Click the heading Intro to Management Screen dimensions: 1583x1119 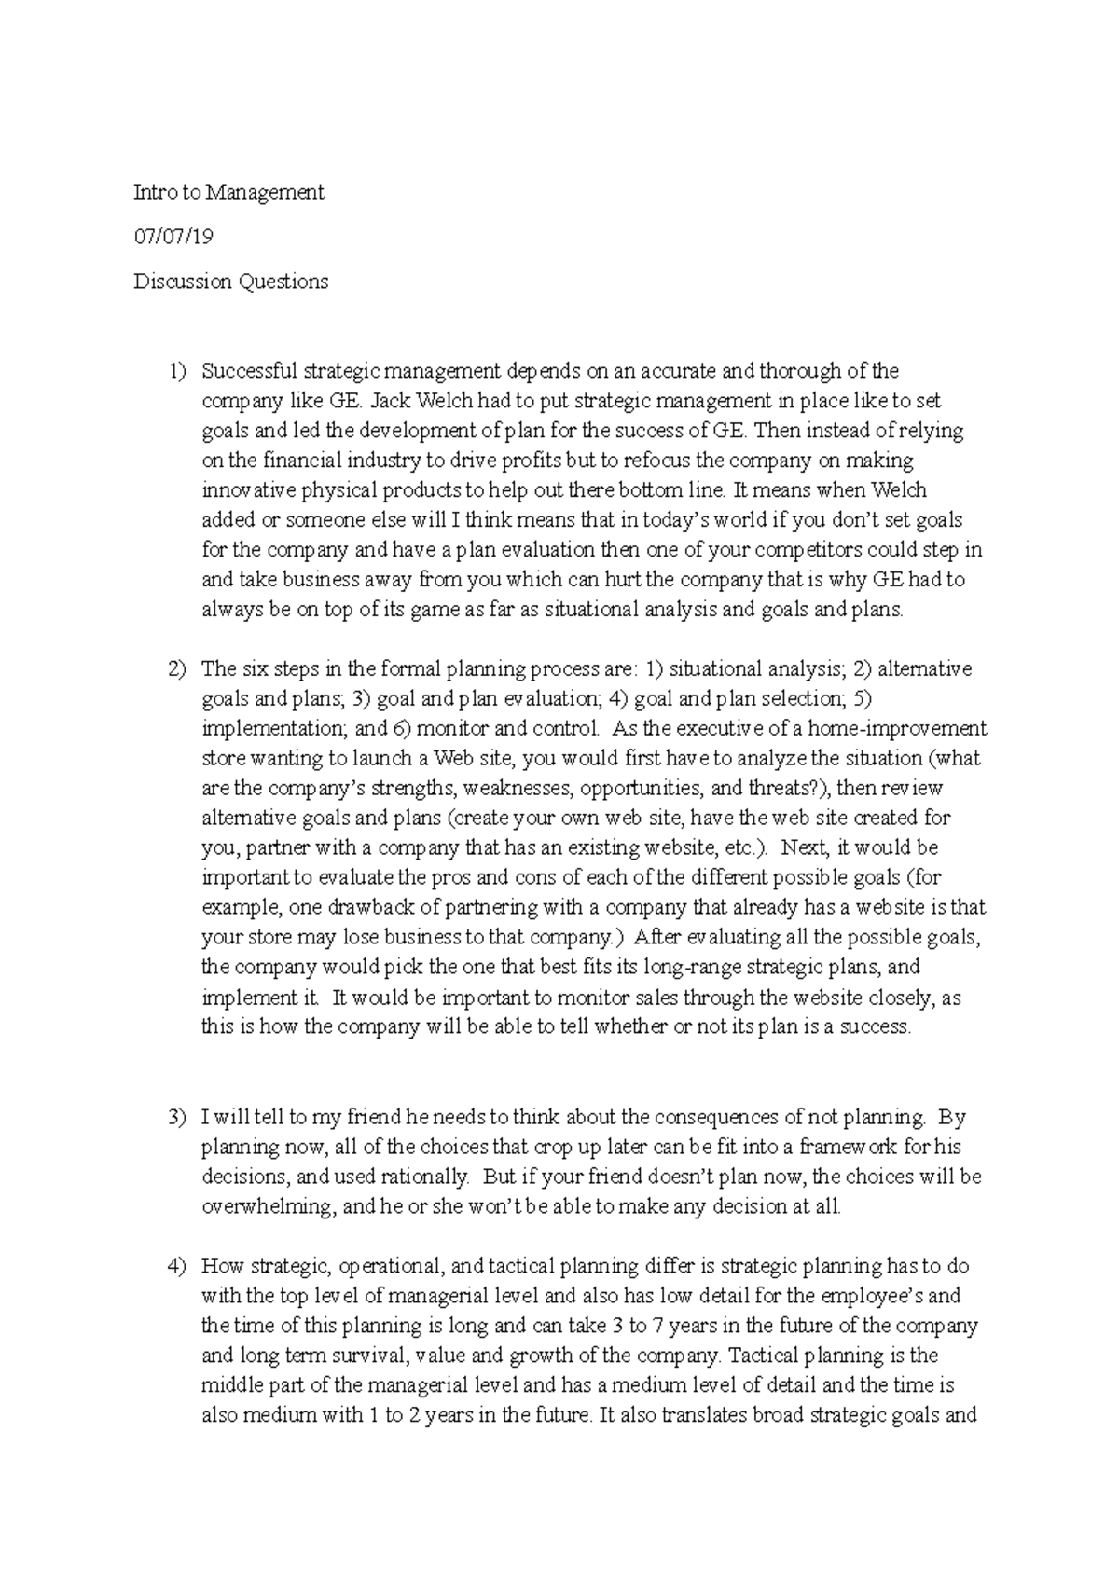click(x=228, y=193)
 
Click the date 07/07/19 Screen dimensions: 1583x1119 click(x=173, y=237)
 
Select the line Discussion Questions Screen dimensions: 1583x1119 click(x=230, y=282)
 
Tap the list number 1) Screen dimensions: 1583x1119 click(x=177, y=371)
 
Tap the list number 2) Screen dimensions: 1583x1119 click(x=177, y=669)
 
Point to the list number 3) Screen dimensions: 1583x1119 click(x=177, y=1117)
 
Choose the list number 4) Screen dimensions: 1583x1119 click(x=177, y=1266)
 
